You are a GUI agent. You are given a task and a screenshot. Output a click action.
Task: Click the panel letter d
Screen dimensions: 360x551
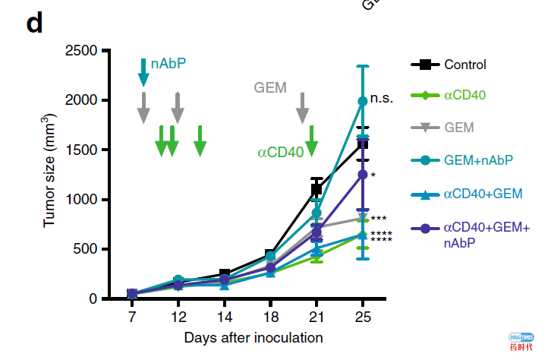pyautogui.click(x=34, y=24)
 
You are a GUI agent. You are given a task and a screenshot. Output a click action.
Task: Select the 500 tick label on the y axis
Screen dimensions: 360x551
pyautogui.click(x=86, y=249)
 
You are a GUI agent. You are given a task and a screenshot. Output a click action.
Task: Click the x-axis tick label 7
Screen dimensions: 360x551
pyautogui.click(x=131, y=314)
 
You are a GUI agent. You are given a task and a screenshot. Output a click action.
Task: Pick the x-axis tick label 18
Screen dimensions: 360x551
pyautogui.click(x=270, y=314)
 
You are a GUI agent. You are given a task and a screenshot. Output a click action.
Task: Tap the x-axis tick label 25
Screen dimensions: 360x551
pyautogui.click(x=363, y=314)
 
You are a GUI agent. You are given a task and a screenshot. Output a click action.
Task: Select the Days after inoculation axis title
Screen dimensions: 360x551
pyautogui.click(x=253, y=337)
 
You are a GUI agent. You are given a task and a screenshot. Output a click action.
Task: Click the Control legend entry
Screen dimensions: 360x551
pyautogui.click(x=465, y=65)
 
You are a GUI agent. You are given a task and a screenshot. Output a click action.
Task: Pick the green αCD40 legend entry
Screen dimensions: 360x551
pyautogui.click(x=464, y=96)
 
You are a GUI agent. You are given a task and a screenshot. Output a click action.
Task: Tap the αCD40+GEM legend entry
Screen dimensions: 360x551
pyautogui.click(x=483, y=194)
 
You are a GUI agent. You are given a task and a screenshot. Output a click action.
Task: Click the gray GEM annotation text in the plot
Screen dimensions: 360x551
pyautogui.click(x=270, y=87)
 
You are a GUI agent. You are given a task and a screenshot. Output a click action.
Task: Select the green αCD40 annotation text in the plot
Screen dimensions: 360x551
pyautogui.click(x=281, y=152)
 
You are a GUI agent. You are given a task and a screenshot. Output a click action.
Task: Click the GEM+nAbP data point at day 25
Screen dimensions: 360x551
pyautogui.click(x=363, y=100)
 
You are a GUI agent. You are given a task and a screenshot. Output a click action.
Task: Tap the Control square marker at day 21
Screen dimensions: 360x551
pyautogui.click(x=316, y=189)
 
